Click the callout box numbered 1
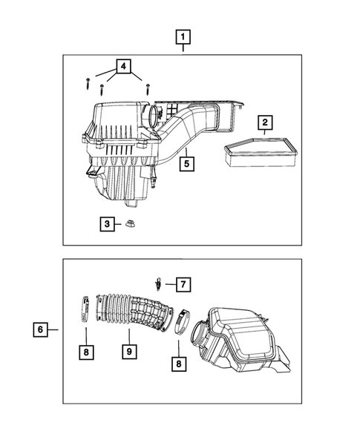point(183,35)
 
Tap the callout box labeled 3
point(108,223)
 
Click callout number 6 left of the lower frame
point(39,328)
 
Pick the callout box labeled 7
point(183,283)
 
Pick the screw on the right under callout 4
point(148,88)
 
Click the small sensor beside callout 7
point(159,282)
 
